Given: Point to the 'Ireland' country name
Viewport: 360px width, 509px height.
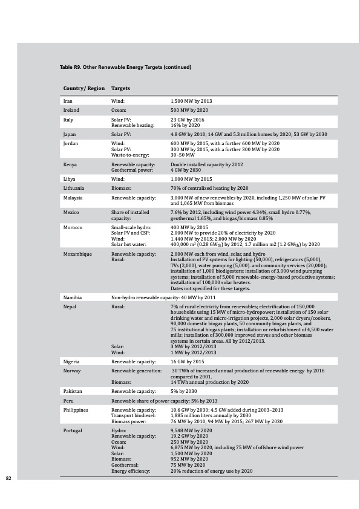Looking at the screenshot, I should (71, 111).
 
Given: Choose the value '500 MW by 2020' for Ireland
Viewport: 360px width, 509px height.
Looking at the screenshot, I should (191, 111).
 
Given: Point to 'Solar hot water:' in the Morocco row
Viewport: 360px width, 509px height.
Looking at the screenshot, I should (130, 244).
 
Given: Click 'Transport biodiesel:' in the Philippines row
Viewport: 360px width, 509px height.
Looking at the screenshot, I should (134, 416).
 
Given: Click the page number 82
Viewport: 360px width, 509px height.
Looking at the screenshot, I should (8, 478).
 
